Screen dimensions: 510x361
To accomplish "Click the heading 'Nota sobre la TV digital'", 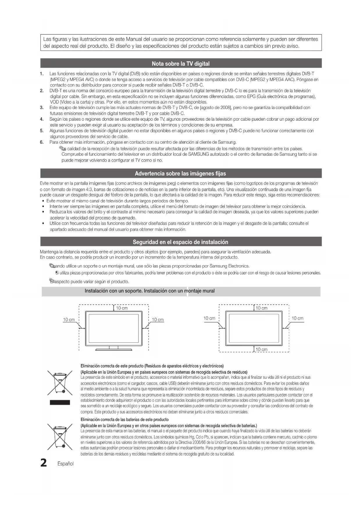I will click(180, 64).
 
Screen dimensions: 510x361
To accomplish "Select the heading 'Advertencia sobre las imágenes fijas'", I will click(180, 174).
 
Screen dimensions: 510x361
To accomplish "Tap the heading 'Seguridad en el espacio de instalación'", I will click(180, 242).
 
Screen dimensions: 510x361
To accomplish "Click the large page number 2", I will click(44, 463).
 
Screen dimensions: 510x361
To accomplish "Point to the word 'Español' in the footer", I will click(65, 464).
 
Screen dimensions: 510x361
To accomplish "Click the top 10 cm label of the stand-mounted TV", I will click(122, 308).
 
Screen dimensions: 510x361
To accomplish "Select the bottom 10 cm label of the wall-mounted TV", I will click(262, 349).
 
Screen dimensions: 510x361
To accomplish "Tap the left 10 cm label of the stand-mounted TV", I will click(69, 320).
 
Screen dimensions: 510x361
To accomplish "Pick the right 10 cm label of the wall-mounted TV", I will click(297, 318).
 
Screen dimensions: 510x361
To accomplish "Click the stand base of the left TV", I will click(113, 349).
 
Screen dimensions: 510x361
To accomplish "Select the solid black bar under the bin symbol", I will click(60, 402).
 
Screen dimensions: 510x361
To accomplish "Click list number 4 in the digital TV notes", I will click(42, 119).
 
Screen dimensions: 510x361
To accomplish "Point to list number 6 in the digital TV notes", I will click(42, 142).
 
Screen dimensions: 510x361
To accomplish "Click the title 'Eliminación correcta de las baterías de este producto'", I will click(125, 420).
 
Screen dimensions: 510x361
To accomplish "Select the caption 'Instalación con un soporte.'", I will click(114, 291).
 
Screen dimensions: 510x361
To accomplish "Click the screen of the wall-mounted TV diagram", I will click(254, 328).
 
